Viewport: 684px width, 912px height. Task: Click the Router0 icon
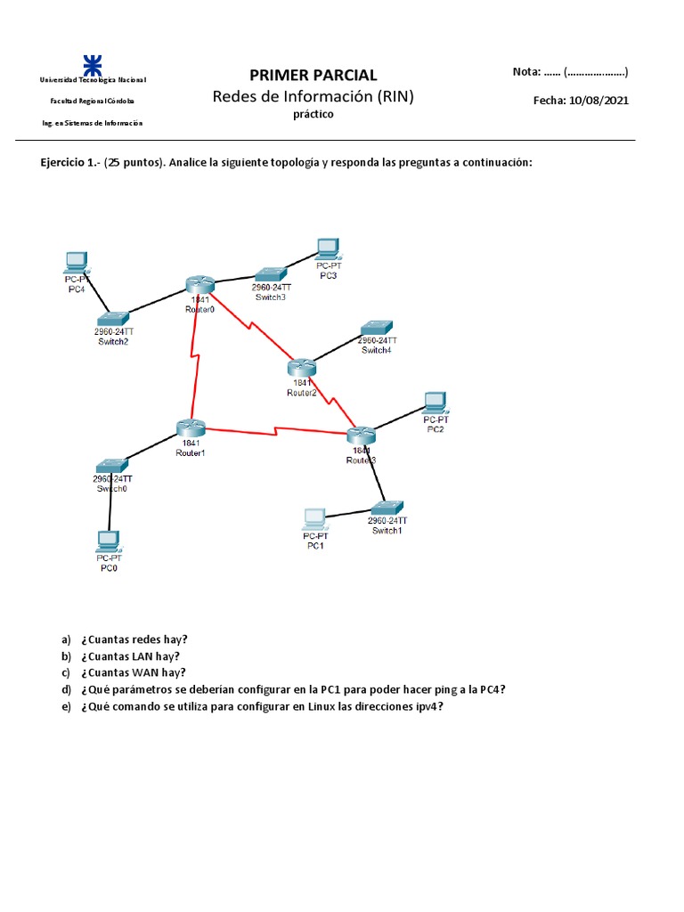click(x=200, y=284)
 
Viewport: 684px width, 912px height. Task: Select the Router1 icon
click(x=191, y=427)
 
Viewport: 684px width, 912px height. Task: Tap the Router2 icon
click(x=303, y=366)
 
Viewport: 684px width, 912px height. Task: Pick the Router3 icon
click(x=361, y=436)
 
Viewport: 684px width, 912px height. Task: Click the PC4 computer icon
click(x=77, y=262)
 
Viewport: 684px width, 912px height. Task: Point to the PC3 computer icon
click(x=329, y=248)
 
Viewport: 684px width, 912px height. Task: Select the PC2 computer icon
click(x=436, y=402)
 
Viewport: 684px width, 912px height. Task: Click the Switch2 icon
click(x=114, y=318)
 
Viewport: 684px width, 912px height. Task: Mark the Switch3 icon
click(x=269, y=275)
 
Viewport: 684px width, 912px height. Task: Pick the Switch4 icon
click(x=377, y=328)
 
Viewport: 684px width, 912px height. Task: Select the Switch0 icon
click(x=112, y=466)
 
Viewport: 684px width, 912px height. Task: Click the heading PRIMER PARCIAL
click(x=313, y=76)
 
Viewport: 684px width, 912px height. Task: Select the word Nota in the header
click(x=526, y=72)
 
